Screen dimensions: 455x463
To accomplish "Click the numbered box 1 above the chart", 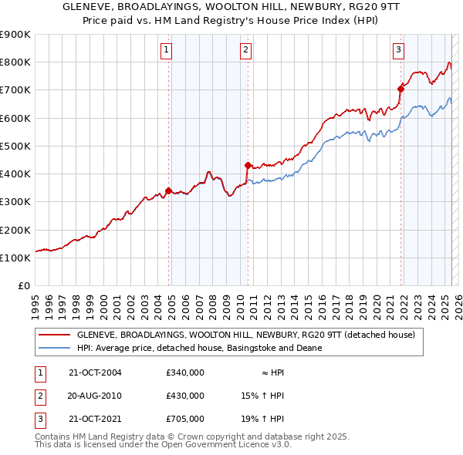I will [167, 51].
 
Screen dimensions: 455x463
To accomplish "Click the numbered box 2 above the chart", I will [245, 51].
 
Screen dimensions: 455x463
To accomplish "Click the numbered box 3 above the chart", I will [399, 51].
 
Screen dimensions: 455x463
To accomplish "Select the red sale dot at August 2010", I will [248, 165].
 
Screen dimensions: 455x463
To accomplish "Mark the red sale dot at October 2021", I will [400, 89].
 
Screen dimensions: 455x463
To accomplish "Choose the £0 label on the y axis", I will [23, 286].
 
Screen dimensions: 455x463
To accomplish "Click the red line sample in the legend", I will [53, 335].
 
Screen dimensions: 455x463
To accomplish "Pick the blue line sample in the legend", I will [53, 348].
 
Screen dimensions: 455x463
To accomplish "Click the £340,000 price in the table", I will [185, 372].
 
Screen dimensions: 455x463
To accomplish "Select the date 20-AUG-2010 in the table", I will [95, 396].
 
